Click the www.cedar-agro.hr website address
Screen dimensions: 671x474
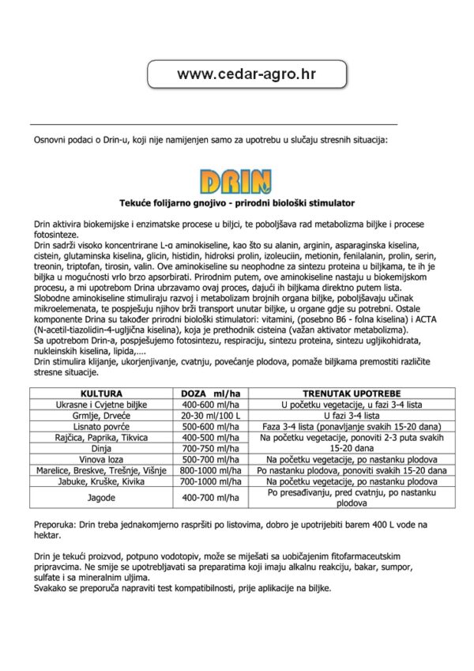point(242,74)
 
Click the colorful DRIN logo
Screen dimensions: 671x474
point(236,182)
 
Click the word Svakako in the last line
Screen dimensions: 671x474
point(52,589)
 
